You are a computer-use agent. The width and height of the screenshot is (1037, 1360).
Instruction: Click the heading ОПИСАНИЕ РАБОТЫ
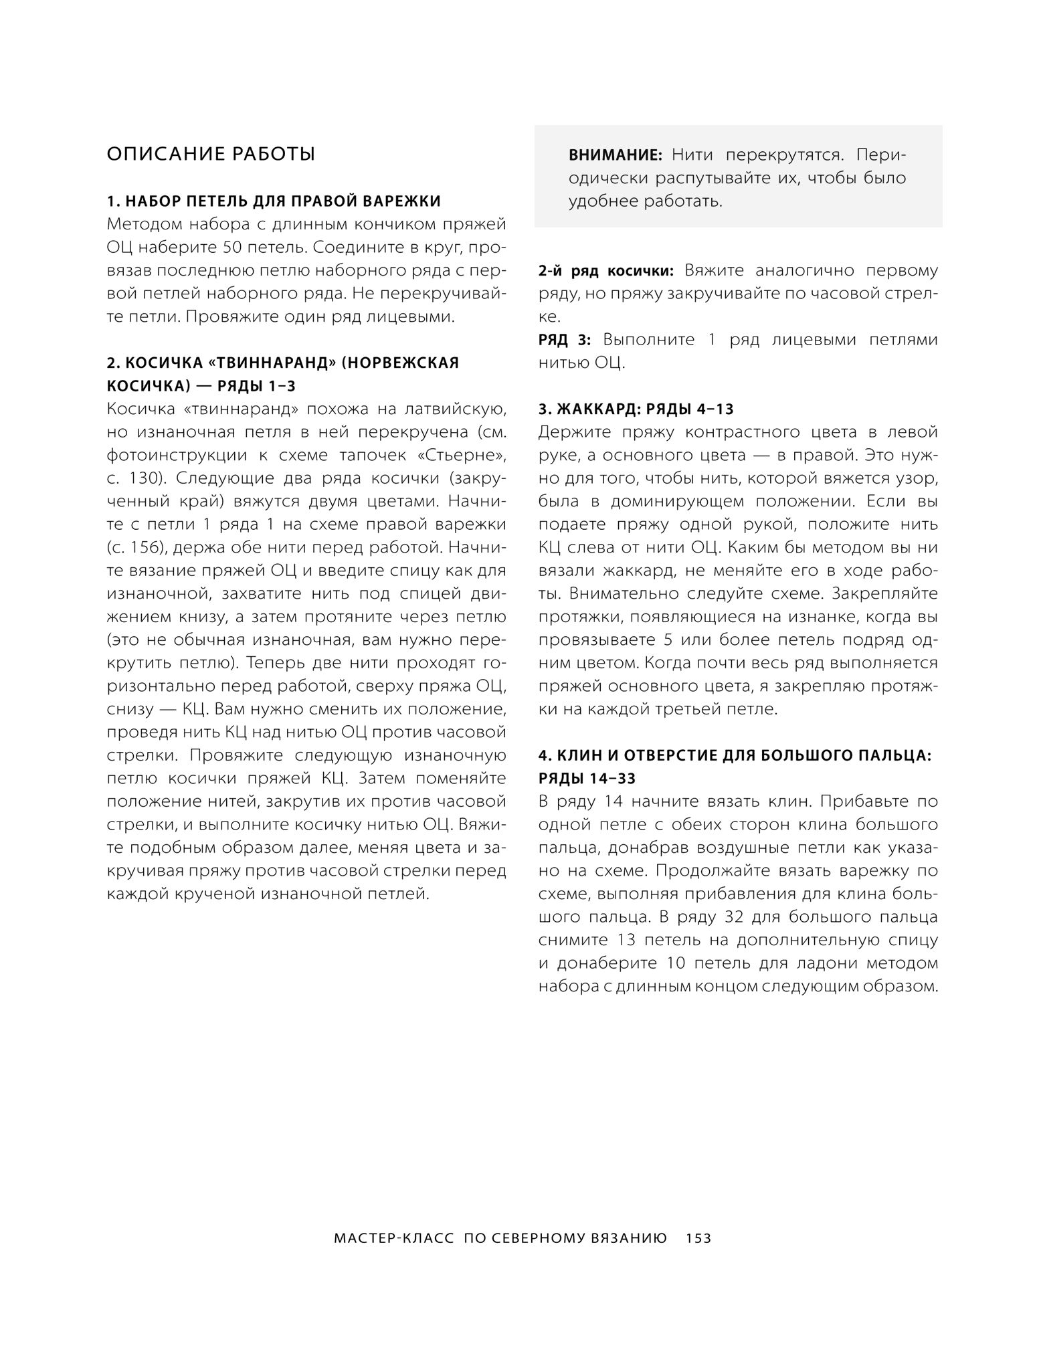[x=211, y=155]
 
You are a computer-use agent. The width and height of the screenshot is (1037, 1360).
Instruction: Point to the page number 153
[x=698, y=1238]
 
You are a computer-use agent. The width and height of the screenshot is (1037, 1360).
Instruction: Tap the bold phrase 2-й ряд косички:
[x=607, y=271]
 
